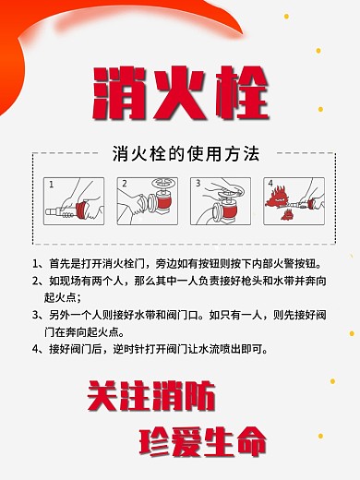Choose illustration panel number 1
click(71, 201)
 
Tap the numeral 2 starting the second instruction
click(35, 280)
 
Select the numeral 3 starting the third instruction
click(35, 314)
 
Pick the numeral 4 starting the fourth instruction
click(35, 349)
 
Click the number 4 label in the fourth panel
click(270, 184)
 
